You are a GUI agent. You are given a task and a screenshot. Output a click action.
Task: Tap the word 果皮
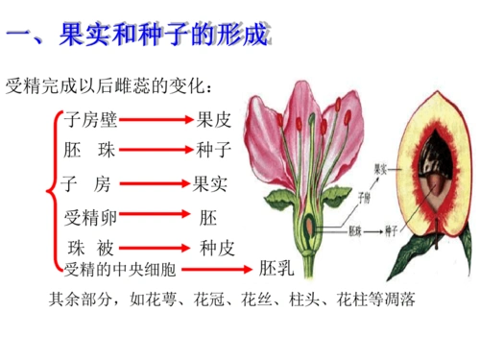click(x=213, y=120)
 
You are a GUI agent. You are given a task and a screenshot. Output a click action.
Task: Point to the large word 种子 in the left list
click(x=213, y=150)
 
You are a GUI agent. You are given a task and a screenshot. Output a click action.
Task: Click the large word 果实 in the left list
click(x=209, y=181)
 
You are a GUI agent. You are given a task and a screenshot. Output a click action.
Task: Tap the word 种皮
click(x=215, y=247)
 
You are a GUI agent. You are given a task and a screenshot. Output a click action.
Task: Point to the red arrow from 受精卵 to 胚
click(x=153, y=216)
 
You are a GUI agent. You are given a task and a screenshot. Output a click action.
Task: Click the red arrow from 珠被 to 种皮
click(x=154, y=247)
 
